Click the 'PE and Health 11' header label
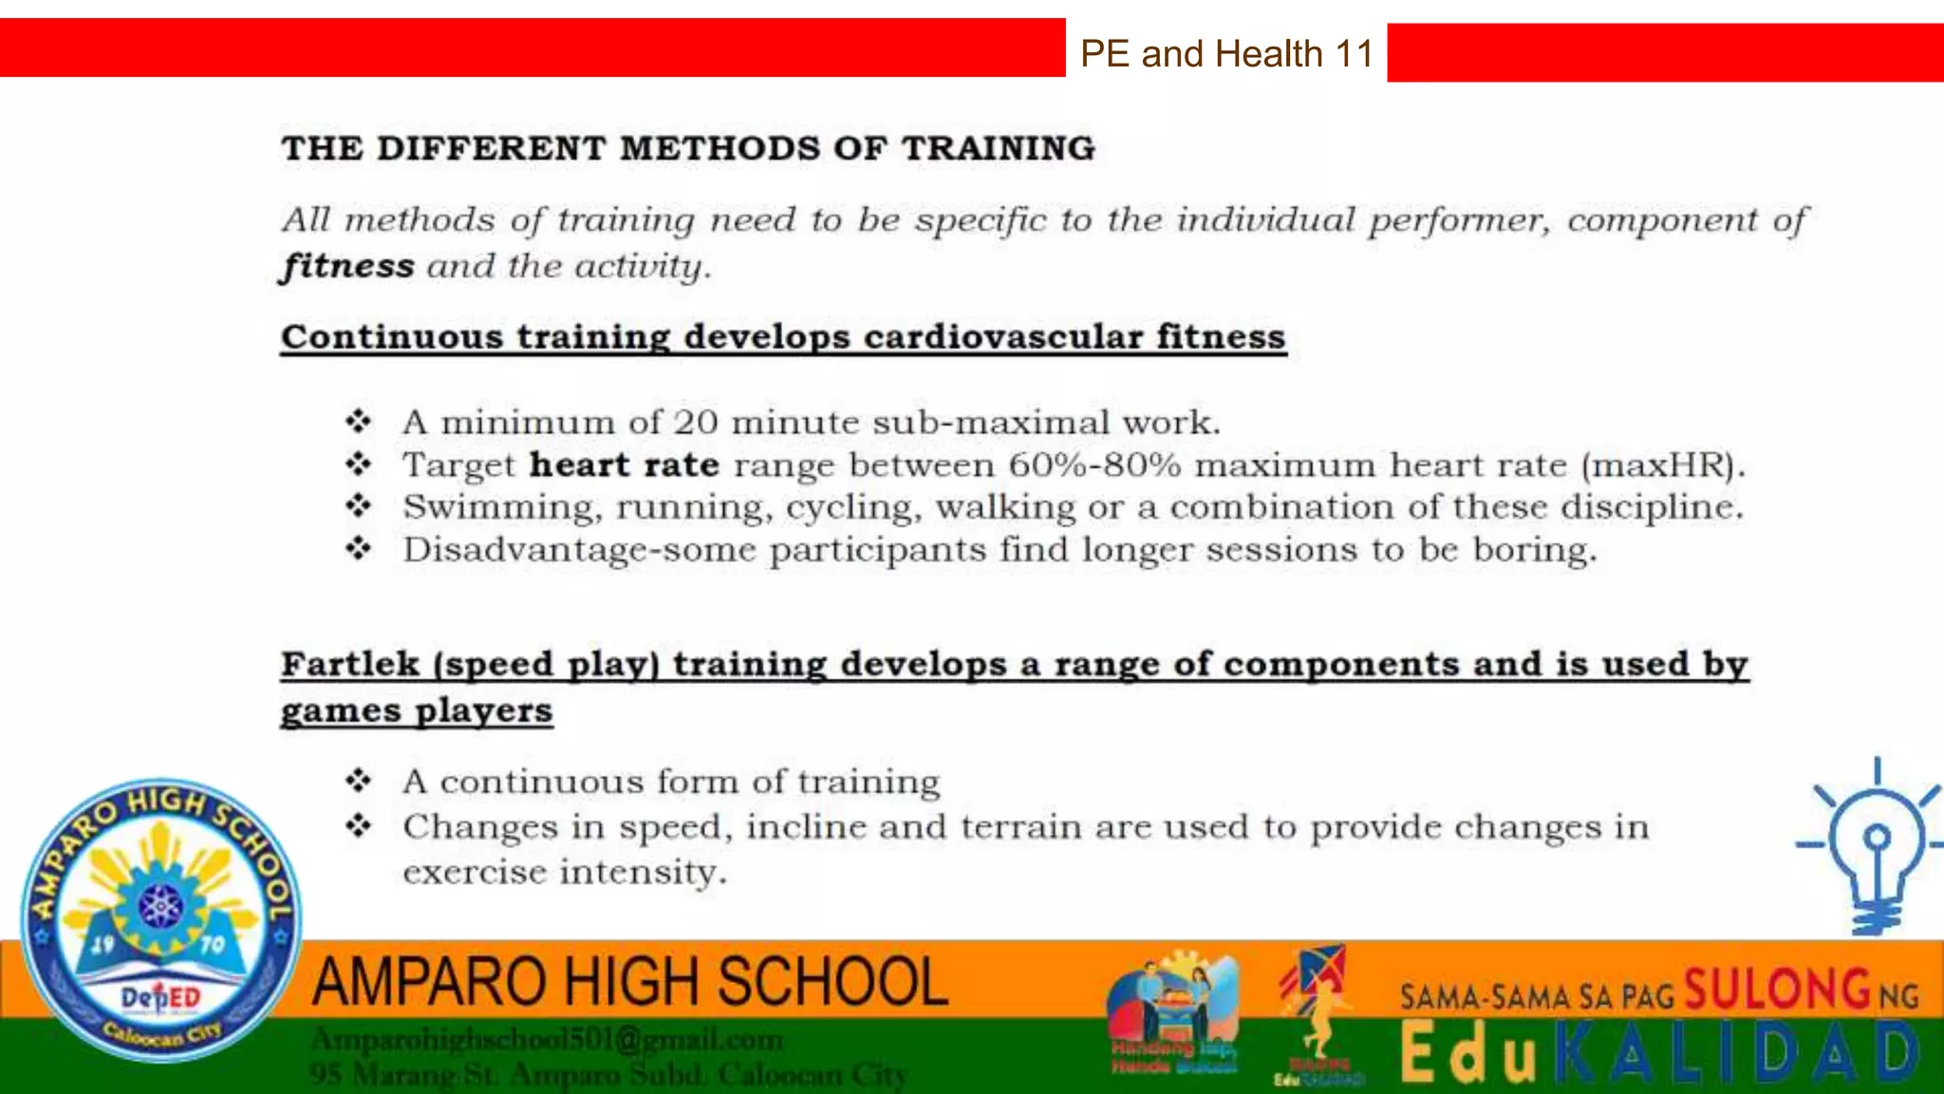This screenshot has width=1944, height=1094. point(1226,54)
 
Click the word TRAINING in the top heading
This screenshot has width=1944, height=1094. point(998,148)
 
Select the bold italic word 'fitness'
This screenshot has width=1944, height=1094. point(347,266)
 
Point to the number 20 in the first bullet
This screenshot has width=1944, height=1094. point(695,422)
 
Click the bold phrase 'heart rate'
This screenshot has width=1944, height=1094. point(624,465)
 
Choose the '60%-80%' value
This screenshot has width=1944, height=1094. point(1094,465)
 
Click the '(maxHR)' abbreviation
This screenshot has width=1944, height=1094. point(1662,465)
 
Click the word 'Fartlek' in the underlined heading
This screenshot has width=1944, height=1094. point(349,664)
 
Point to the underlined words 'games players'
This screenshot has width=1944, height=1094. point(416,710)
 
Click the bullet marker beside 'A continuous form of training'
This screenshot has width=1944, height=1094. point(358,782)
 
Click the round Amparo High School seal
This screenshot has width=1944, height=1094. point(160,918)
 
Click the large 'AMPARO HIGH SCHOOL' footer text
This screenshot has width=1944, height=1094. point(630,982)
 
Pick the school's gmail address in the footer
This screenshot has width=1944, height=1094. point(547,1040)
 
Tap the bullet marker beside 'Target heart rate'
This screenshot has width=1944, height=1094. point(358,464)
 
